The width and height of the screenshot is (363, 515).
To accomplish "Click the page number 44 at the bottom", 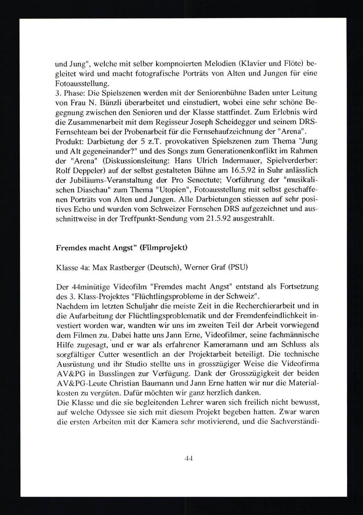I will click(188, 458).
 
